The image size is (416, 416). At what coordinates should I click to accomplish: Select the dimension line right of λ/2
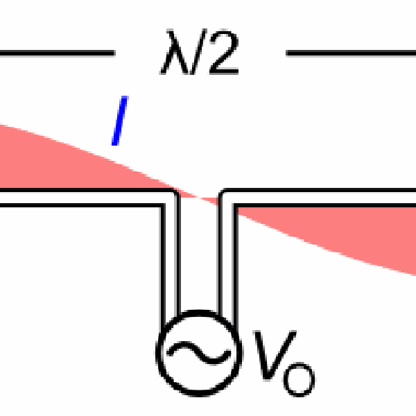coord(351,51)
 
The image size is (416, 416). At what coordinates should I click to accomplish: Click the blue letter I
coord(120,122)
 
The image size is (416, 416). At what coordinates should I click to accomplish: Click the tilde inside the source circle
coord(198,351)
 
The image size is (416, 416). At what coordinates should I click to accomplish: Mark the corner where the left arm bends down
coord(170,199)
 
